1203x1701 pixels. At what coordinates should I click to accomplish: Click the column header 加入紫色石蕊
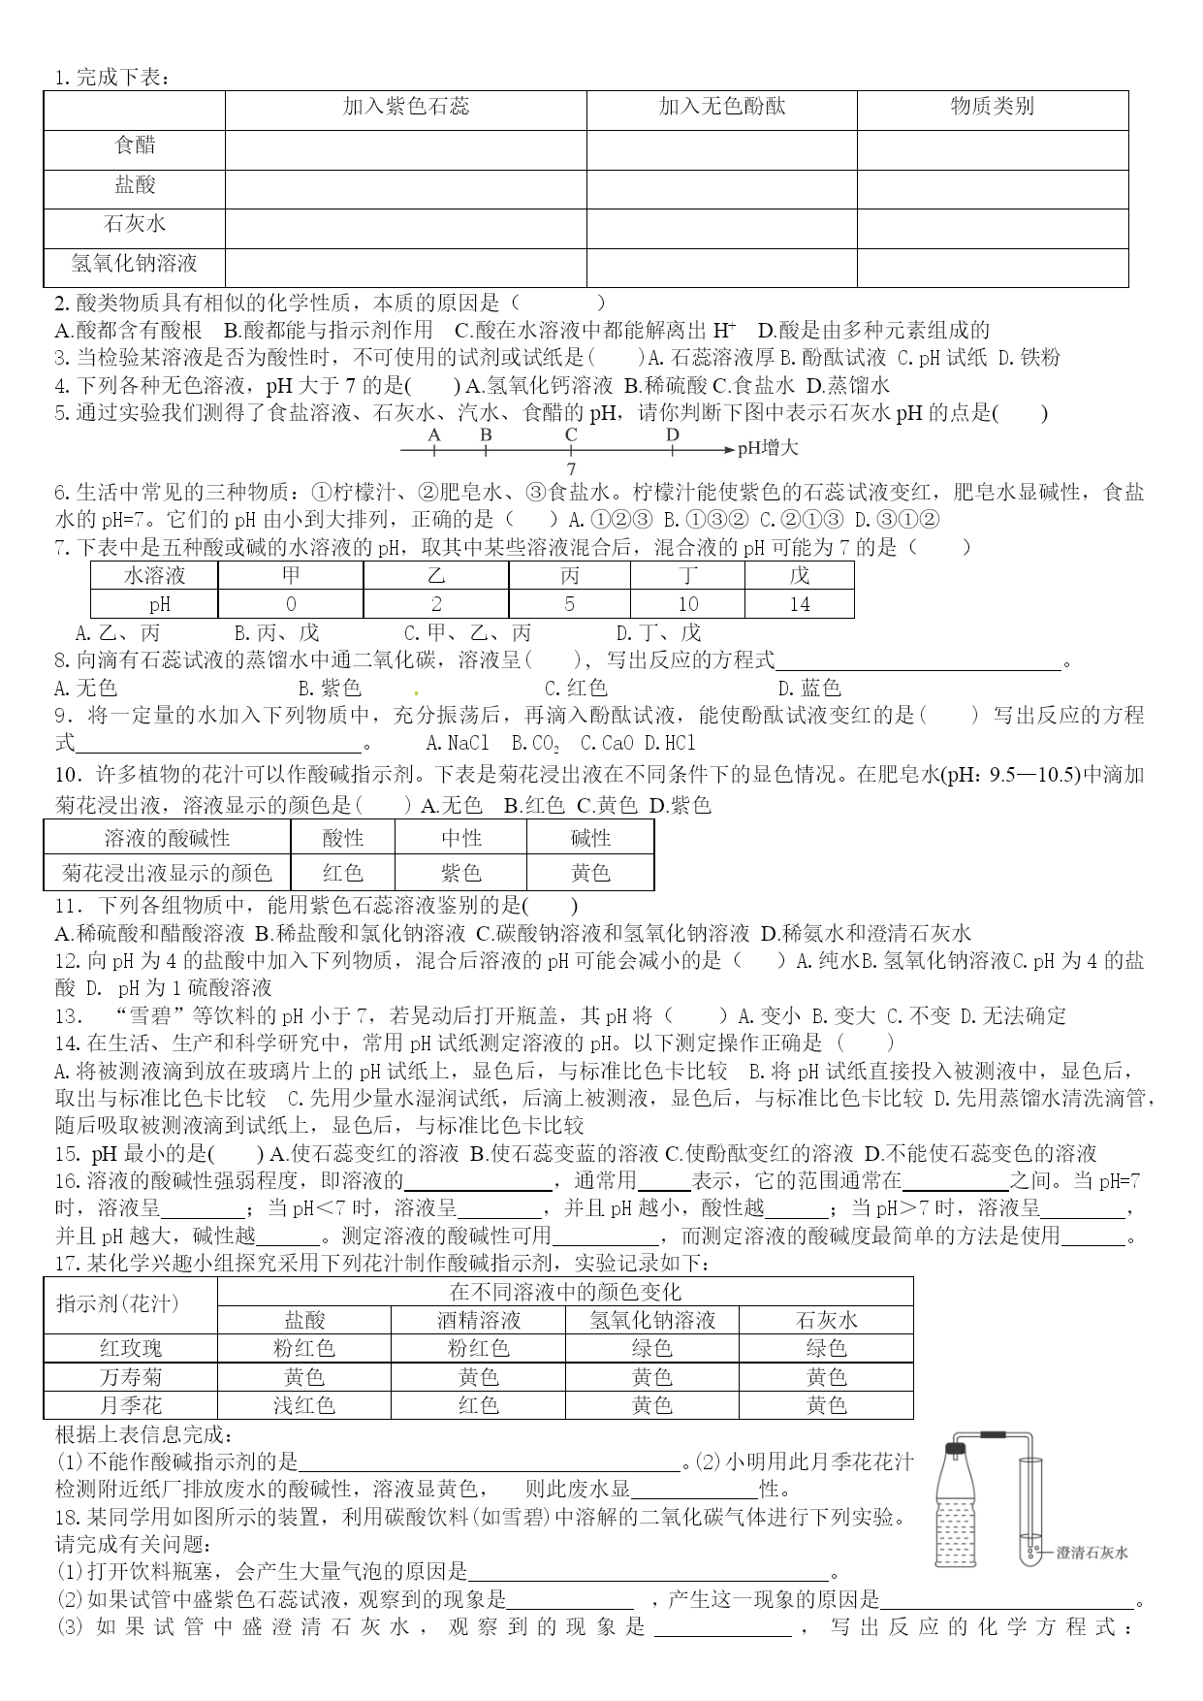tap(406, 107)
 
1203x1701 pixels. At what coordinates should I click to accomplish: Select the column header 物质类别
tap(992, 107)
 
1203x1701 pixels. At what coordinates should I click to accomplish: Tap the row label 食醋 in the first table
tap(135, 145)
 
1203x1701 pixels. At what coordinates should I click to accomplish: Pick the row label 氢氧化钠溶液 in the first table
tap(135, 264)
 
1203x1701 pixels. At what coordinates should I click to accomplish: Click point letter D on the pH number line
tap(673, 435)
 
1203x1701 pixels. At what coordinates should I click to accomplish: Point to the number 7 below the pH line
tap(571, 469)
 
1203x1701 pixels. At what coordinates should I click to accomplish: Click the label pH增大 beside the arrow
tap(769, 448)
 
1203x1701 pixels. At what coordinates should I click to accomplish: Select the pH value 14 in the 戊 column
tap(799, 604)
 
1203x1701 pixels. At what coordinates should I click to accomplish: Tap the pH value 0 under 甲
tap(291, 604)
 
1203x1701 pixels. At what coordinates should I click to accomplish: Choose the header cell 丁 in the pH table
tap(687, 576)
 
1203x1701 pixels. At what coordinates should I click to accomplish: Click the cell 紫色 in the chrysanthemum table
tap(460, 873)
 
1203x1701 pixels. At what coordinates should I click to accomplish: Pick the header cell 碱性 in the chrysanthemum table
tap(590, 838)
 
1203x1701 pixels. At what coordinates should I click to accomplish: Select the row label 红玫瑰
tap(131, 1349)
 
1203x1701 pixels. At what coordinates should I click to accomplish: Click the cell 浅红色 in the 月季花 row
tap(303, 1405)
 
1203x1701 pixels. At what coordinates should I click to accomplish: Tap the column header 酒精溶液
tap(478, 1320)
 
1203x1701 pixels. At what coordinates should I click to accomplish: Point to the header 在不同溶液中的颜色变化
tap(565, 1292)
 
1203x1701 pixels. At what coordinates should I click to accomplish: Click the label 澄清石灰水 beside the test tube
tap(1092, 1553)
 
